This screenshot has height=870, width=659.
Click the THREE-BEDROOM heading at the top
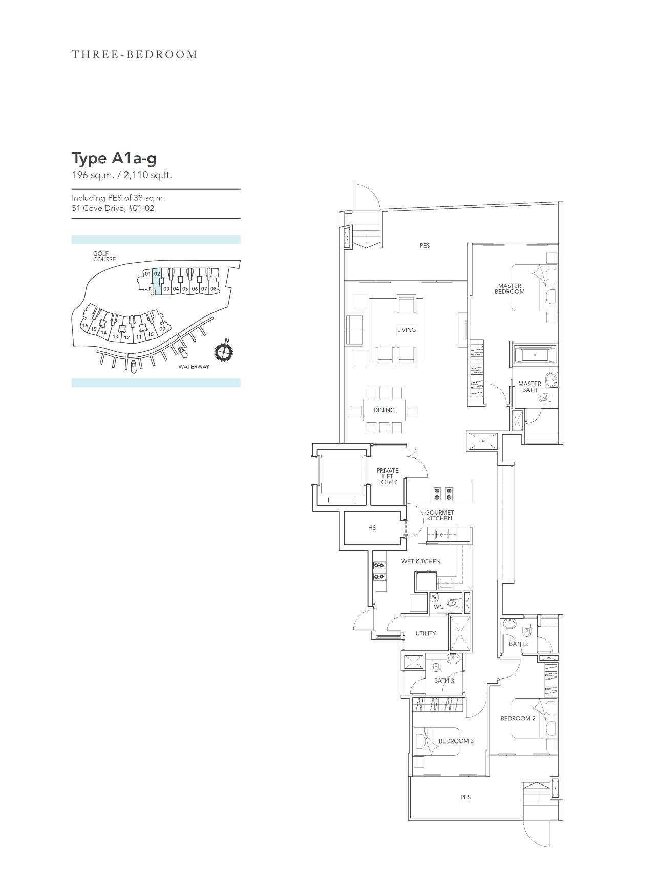(134, 54)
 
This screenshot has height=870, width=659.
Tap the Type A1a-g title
(114, 158)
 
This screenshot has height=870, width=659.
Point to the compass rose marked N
(224, 351)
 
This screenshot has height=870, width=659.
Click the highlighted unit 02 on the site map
(157, 281)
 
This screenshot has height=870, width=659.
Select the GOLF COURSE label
(104, 256)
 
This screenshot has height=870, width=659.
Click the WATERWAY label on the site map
(194, 367)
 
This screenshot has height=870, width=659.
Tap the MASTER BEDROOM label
(509, 289)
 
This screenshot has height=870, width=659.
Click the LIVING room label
(407, 330)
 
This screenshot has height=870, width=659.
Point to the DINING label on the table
(384, 410)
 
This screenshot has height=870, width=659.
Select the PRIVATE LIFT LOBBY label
(388, 476)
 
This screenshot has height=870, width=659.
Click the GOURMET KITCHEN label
(439, 515)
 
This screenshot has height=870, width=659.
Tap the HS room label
(372, 528)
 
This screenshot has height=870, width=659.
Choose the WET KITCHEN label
(421, 561)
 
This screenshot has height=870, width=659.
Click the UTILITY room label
(426, 633)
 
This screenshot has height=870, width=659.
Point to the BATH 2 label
(519, 644)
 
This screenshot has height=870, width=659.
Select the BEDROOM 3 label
(456, 741)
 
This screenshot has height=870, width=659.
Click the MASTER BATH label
(529, 387)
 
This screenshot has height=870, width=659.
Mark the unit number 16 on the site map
(85, 326)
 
